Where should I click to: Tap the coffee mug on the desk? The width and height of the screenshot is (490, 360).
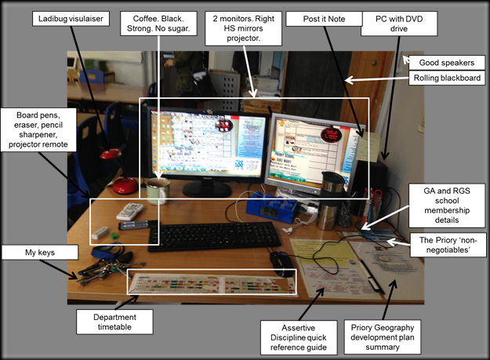coord(158,190)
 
